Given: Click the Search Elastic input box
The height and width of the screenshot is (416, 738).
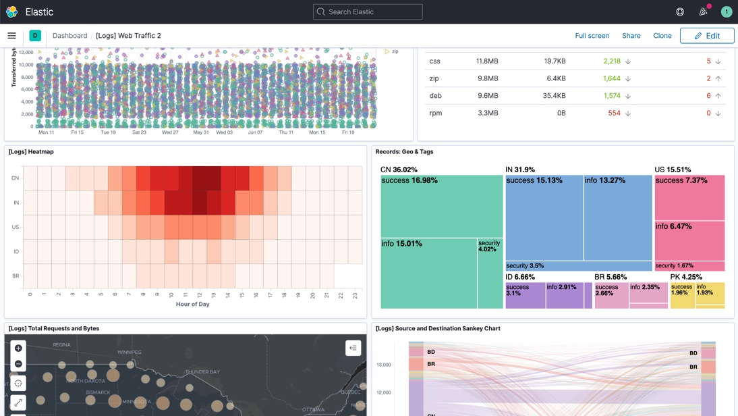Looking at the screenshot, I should (x=368, y=11).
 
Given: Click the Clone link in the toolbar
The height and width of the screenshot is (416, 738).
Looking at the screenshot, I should (x=662, y=36).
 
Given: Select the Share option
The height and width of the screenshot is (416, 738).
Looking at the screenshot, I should (x=631, y=36).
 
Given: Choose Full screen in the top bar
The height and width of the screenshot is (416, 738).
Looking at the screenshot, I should (x=592, y=36).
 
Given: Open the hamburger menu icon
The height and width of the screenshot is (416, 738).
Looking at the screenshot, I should (x=11, y=36).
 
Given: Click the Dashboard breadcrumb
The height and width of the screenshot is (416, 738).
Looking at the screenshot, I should (x=69, y=36).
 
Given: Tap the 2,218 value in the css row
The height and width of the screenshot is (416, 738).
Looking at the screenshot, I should (x=612, y=61).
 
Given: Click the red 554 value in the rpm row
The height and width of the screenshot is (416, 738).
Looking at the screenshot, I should (x=614, y=113).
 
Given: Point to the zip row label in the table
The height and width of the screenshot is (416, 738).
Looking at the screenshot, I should (x=434, y=78).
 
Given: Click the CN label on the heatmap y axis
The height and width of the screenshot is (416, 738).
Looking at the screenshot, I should (x=15, y=178).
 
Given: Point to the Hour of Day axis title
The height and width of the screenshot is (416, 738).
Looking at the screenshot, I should (x=192, y=304).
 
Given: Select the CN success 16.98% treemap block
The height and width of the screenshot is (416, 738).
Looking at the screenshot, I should (x=442, y=206).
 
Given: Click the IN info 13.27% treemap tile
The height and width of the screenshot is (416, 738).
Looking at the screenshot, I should (x=617, y=217).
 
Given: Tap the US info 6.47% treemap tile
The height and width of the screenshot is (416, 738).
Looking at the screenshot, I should (x=689, y=240).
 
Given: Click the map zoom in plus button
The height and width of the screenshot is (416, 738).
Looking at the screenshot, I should (x=18, y=348).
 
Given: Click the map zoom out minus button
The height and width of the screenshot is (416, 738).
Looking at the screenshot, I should (x=18, y=364).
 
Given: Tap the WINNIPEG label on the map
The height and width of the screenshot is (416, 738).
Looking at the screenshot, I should (x=130, y=353).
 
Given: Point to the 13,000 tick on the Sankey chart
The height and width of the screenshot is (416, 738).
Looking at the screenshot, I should (x=383, y=365).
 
